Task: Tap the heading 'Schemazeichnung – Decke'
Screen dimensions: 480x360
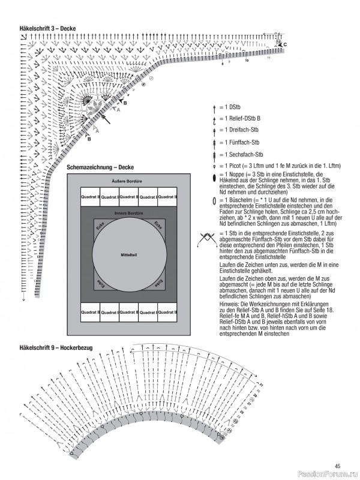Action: pos(100,167)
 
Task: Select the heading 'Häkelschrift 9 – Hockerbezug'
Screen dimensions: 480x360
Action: pos(55,347)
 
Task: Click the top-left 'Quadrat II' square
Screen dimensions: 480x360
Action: pos(90,197)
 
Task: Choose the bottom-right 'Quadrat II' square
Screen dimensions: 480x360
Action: pos(167,313)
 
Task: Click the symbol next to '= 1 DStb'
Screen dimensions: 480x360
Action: pos(214,106)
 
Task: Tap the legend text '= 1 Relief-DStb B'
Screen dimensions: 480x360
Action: pos(241,118)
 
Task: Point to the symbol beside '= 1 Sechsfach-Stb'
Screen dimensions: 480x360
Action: pos(214,154)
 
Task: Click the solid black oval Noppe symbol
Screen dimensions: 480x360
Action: pos(214,178)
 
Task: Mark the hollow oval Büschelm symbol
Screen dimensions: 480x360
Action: pos(214,200)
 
